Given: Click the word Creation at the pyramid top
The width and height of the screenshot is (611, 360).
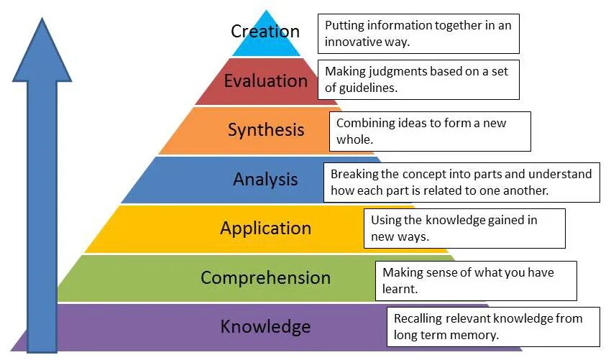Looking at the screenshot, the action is (x=265, y=32).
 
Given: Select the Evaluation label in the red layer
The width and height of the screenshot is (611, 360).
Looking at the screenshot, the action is (x=265, y=80).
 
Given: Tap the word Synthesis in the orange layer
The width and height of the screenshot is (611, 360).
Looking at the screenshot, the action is (x=266, y=130).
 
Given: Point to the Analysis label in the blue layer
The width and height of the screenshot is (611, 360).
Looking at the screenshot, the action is (x=265, y=179).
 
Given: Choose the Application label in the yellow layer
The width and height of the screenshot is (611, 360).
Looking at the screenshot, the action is (x=265, y=229).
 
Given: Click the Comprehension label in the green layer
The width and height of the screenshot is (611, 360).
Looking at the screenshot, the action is (x=265, y=277).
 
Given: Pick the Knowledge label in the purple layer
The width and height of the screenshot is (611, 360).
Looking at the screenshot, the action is (x=265, y=327).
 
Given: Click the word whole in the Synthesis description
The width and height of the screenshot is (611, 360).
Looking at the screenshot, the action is (x=354, y=139).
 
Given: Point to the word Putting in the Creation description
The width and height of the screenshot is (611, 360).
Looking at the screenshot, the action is (x=344, y=25).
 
